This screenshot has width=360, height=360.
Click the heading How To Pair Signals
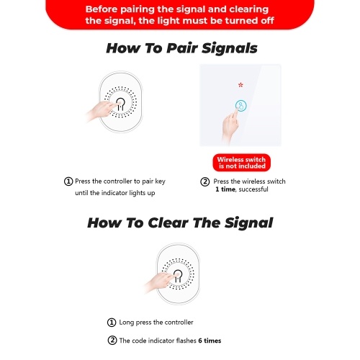click(181, 48)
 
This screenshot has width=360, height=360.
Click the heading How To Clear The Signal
click(180, 222)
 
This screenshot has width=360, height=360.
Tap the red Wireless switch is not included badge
click(241, 163)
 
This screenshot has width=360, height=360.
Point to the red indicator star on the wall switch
click(240, 85)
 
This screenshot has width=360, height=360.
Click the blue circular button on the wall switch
click(240, 106)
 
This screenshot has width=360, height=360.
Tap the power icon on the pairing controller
click(121, 104)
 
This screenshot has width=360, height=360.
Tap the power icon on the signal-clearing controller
click(178, 276)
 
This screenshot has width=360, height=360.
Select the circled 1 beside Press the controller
click(68, 181)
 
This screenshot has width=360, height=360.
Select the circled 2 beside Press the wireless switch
click(205, 181)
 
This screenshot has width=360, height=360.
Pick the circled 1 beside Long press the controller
click(112, 323)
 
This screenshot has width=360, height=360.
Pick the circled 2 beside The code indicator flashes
click(112, 341)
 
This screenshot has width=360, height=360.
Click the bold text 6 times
click(210, 341)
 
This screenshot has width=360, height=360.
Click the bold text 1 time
click(225, 189)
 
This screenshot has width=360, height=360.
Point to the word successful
click(253, 189)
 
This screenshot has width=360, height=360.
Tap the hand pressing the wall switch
click(230, 126)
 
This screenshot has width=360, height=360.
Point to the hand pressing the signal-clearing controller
click(159, 282)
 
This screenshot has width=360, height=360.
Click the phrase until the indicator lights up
click(115, 193)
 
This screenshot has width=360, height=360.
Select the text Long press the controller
click(156, 323)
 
